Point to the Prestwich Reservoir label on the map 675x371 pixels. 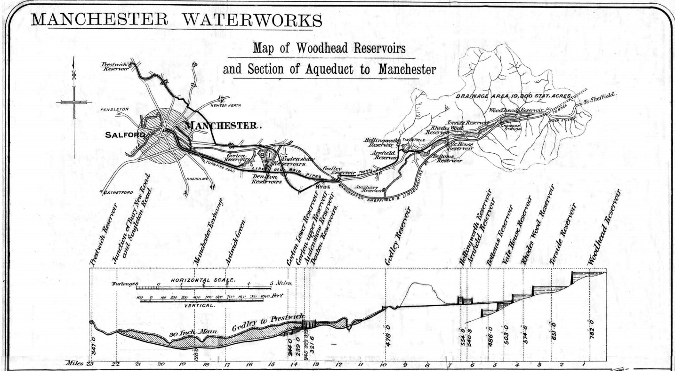115,66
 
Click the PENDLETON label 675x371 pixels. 114,110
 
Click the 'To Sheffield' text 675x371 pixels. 599,99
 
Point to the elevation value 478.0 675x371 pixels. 388,335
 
